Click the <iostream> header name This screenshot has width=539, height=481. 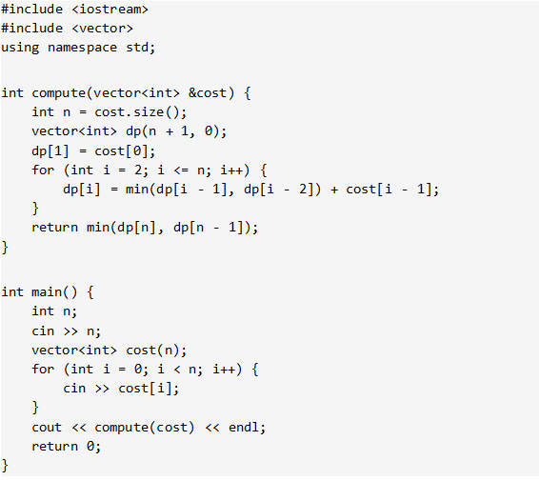pyautogui.click(x=110, y=10)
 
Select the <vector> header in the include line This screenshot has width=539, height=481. pyautogui.click(x=103, y=29)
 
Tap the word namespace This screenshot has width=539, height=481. pyautogui.click(x=83, y=48)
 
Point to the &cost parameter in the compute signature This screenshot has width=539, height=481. pyautogui.click(x=208, y=92)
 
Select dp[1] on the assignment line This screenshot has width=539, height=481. pyautogui.click(x=50, y=150)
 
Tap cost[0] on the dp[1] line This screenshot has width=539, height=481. pyautogui.click(x=122, y=150)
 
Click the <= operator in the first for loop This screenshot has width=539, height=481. pyautogui.click(x=181, y=170)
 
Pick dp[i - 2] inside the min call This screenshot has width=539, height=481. pyautogui.click(x=278, y=190)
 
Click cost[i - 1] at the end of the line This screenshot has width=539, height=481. pyautogui.click(x=389, y=190)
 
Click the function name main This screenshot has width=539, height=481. pyautogui.click(x=47, y=292)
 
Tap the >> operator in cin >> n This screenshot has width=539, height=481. pyautogui.click(x=70, y=331)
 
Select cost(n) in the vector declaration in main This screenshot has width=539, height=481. pyautogui.click(x=153, y=351)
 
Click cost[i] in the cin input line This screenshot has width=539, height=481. pyautogui.click(x=145, y=389)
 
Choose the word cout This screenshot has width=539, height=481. pyautogui.click(x=47, y=428)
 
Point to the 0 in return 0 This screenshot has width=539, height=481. pyautogui.click(x=90, y=447)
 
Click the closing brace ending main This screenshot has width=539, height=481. pyautogui.click(x=5, y=466)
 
